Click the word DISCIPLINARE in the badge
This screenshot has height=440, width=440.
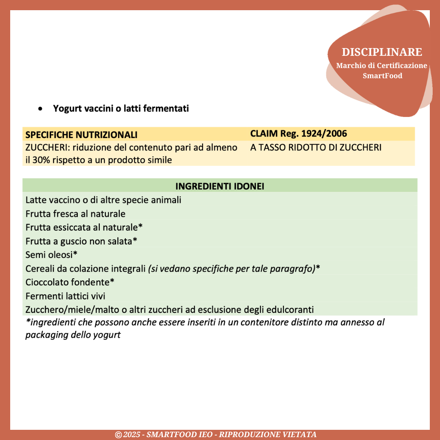382,52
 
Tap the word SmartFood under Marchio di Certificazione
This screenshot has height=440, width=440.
383,76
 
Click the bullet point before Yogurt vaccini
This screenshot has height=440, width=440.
40,109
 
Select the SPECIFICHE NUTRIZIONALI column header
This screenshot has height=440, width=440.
81,135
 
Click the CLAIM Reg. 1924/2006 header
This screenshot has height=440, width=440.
299,134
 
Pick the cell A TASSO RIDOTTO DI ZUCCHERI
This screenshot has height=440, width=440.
316,147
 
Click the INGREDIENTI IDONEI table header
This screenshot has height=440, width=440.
220,186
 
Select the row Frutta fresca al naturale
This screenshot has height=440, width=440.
75,214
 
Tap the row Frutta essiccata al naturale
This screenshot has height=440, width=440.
84,227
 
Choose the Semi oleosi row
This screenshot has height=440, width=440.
51,255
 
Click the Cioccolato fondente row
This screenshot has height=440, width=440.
70,282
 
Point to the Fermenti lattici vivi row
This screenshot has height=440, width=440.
65,296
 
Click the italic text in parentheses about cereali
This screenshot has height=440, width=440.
231,269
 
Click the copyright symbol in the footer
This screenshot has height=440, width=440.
119,435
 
